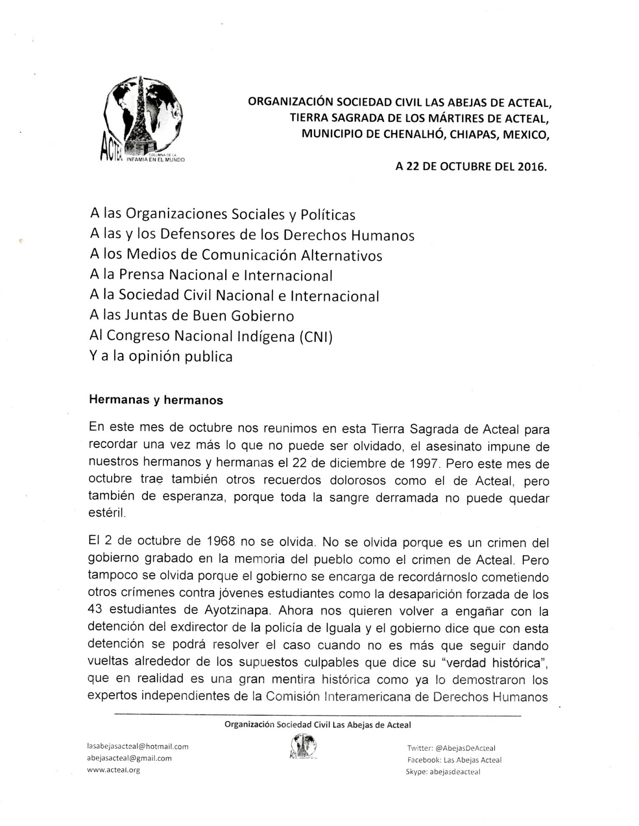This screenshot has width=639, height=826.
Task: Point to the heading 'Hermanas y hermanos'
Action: [156, 400]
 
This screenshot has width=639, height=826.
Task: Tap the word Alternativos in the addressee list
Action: [341, 256]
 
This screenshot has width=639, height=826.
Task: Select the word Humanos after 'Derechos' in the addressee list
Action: [383, 235]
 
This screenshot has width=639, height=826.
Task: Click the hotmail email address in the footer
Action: [138, 746]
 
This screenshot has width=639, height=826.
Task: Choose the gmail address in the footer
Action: [130, 758]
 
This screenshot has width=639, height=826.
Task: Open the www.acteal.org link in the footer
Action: [114, 770]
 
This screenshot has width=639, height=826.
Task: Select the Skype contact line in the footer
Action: [443, 772]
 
